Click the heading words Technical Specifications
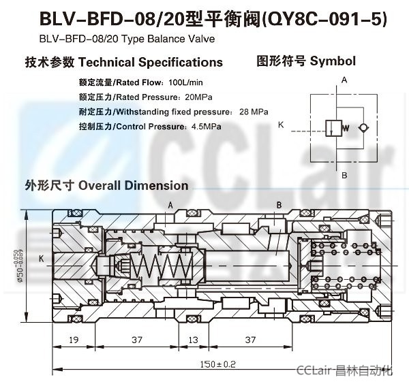click(151, 62)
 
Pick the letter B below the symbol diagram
click(344, 175)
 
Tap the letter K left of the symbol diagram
click(281, 125)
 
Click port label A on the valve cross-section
click(170, 205)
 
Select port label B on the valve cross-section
click(279, 205)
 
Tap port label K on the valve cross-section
click(42, 259)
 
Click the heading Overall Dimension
click(133, 185)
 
